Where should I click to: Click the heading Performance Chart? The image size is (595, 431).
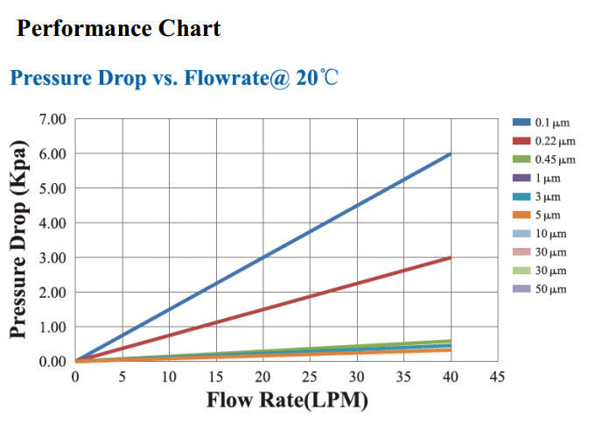pos(119,29)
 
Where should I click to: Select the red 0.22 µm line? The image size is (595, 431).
pos(262,309)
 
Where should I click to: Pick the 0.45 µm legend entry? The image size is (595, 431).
pos(544,159)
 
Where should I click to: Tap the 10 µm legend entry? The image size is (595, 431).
pos(541,234)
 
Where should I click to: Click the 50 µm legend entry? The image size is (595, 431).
pos(541,289)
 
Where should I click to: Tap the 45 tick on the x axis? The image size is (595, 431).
pos(497,378)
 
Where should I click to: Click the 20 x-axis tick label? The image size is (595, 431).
pos(262,378)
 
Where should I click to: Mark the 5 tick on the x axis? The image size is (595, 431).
pos(122,378)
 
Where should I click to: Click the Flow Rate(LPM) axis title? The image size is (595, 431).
pos(287,401)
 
